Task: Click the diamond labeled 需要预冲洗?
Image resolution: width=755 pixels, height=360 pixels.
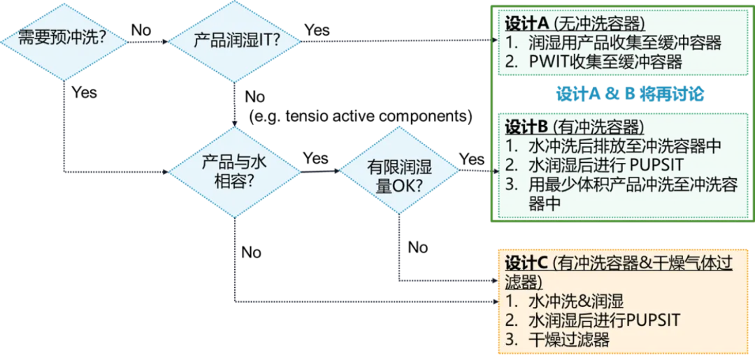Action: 63,40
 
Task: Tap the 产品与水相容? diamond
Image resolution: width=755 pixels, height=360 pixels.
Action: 234,171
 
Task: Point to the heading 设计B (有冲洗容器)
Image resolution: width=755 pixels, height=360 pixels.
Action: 574,129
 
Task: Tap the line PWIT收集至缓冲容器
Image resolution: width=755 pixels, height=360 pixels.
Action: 605,62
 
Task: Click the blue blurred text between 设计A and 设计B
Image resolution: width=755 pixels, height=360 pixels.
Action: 628,94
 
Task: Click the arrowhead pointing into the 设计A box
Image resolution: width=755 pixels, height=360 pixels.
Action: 491,41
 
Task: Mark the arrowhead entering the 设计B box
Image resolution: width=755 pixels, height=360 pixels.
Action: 491,171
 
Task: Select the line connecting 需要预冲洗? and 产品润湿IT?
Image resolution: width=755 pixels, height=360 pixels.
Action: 149,41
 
